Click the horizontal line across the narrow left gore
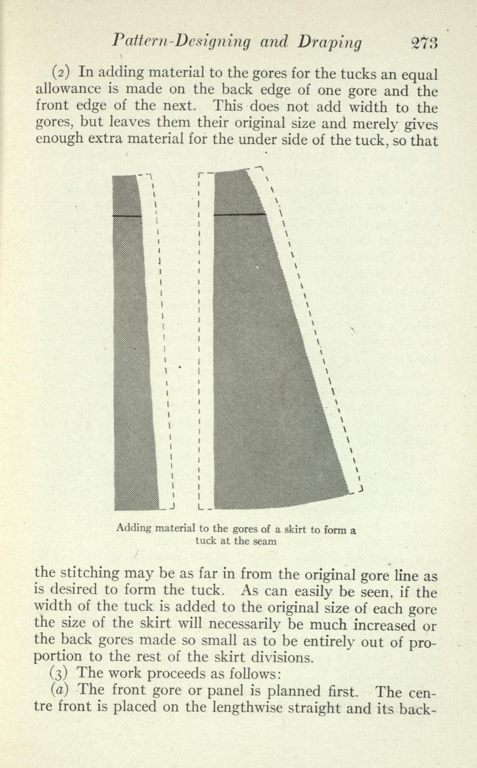point(127,216)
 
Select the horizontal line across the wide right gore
point(239,214)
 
